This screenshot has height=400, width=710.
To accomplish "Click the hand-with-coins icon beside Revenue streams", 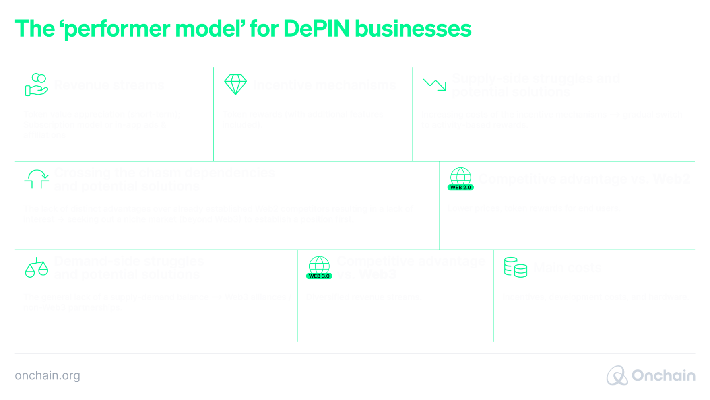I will point(36,85).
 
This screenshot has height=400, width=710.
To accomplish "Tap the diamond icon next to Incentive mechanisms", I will point(235,85).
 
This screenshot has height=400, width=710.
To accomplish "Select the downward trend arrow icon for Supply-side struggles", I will point(434,85).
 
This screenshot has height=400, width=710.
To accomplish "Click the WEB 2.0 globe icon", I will point(460,179).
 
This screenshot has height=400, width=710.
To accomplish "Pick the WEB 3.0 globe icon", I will point(319,268).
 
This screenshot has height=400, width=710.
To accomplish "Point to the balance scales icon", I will point(36,268).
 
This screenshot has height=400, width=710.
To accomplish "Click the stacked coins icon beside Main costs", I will point(515,267).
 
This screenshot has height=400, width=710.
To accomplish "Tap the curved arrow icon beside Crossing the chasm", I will point(37,179).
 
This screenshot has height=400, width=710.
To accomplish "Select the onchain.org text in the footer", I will point(47,375).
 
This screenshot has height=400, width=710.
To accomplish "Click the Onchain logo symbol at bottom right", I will point(617,375).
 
